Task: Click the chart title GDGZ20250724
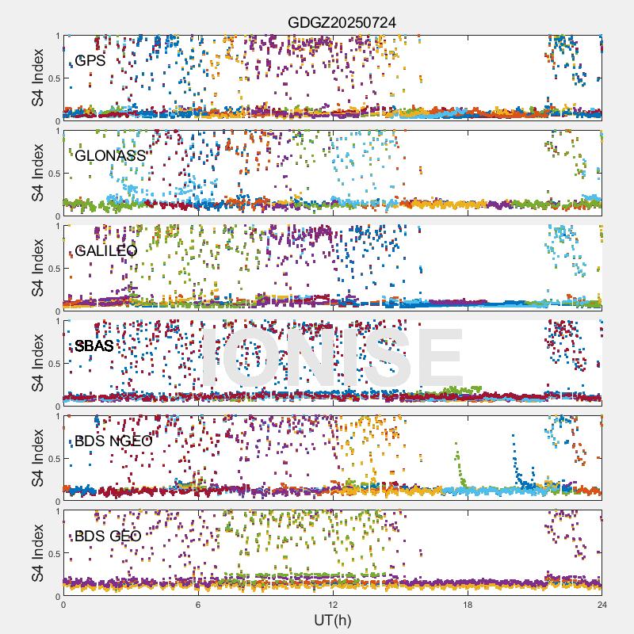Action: [342, 22]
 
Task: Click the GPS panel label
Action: [90, 60]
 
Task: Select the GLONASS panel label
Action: [110, 155]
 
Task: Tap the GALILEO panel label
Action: [105, 250]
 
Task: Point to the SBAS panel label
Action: [94, 346]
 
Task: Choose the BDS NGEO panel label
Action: [113, 441]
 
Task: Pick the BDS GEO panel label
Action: [108, 536]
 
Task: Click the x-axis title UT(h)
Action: [333, 620]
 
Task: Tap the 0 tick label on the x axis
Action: [63, 605]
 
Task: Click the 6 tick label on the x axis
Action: [198, 605]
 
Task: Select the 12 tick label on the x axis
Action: [333, 605]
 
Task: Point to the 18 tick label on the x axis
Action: [468, 605]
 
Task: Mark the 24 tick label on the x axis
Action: [602, 605]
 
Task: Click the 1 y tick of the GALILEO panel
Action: [56, 226]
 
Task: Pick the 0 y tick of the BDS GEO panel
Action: [56, 596]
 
